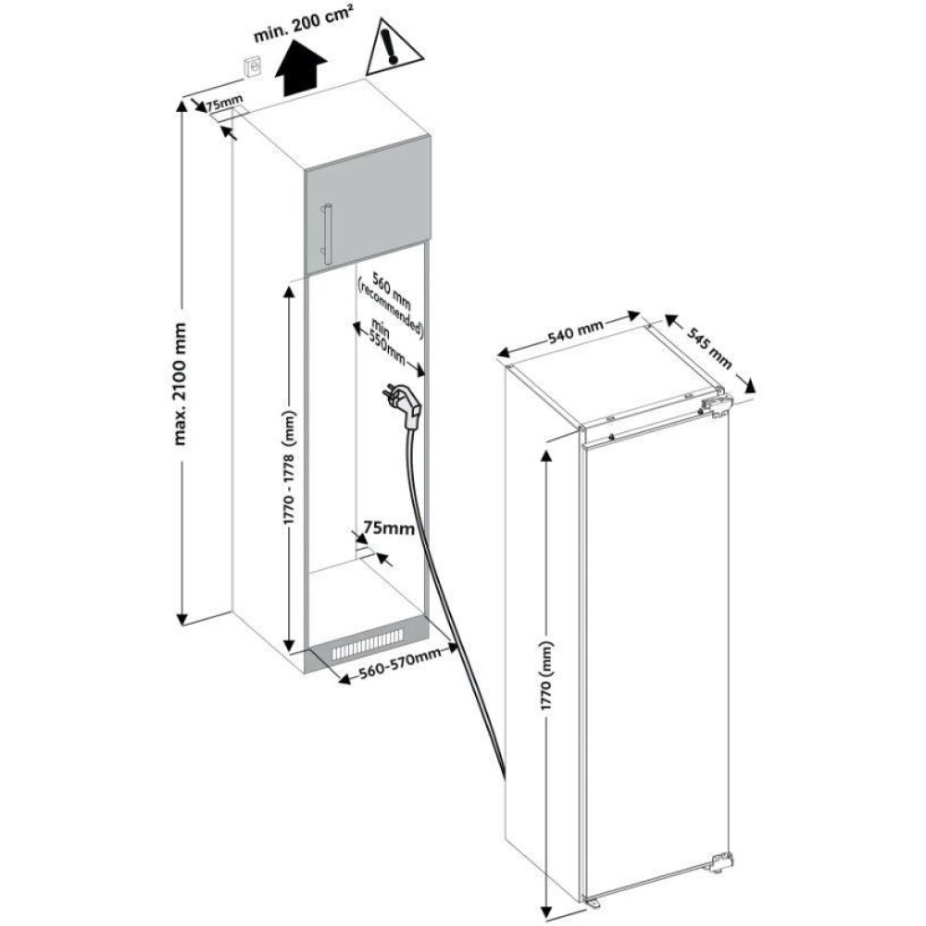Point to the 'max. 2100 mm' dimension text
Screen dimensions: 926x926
[x=181, y=383]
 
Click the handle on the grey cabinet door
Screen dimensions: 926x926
[x=327, y=234]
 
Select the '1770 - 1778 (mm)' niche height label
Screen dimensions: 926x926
[x=289, y=467]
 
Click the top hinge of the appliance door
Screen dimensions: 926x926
[x=717, y=407]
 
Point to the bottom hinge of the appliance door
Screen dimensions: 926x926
[x=721, y=861]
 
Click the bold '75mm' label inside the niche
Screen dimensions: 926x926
[x=388, y=527]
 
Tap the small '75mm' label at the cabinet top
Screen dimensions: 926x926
[x=224, y=106]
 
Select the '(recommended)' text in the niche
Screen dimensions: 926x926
[x=391, y=310]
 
